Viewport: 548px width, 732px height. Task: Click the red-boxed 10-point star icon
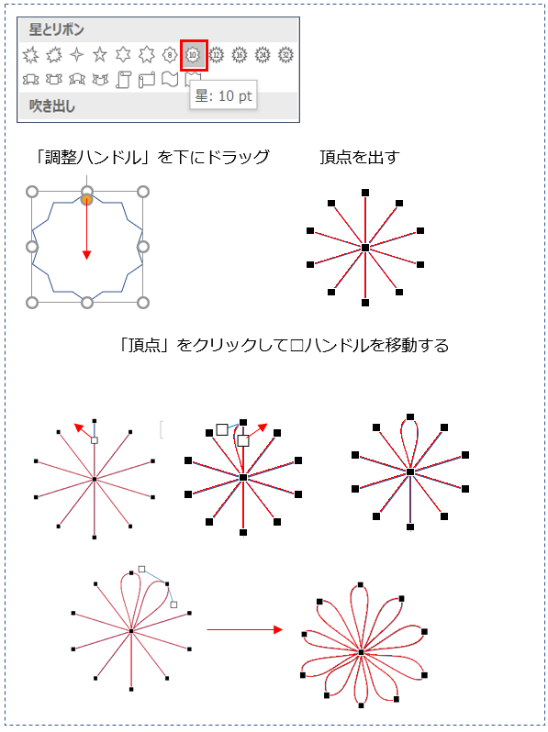click(193, 55)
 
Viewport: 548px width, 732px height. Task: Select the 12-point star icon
click(216, 55)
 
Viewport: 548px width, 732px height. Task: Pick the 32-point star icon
click(285, 55)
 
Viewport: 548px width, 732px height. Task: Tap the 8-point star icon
click(170, 55)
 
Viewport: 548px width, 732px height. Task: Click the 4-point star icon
click(76, 55)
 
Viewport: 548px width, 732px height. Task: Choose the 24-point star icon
click(263, 55)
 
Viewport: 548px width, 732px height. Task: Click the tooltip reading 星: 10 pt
click(223, 95)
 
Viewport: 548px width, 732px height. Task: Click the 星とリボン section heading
click(57, 29)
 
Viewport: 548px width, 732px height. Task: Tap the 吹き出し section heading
click(51, 106)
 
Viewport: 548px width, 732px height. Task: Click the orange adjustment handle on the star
click(87, 200)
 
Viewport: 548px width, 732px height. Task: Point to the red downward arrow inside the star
click(86, 229)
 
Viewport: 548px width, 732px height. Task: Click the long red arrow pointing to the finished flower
click(245, 630)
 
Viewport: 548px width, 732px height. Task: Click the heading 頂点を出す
click(359, 158)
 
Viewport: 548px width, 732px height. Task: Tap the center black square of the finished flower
click(361, 651)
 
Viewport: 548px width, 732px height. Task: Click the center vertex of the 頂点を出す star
click(365, 248)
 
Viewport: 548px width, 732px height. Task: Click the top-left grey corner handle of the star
click(32, 192)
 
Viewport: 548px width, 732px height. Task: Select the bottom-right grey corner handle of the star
click(143, 303)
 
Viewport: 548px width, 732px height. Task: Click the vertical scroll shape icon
click(123, 80)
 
